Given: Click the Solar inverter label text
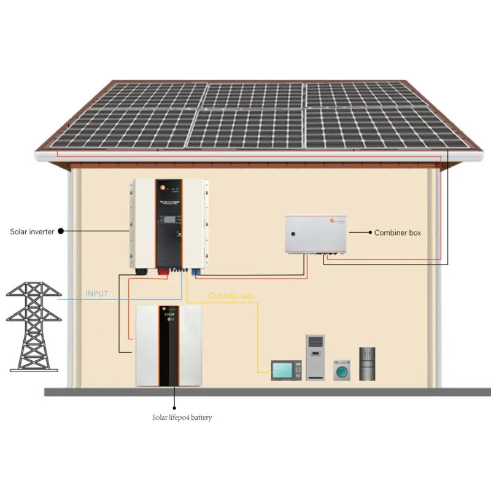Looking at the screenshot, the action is tap(32, 231).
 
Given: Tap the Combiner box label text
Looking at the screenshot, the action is tap(398, 233).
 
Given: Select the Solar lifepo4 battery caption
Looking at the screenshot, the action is tap(182, 417).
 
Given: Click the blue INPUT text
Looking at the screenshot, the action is tap(97, 294).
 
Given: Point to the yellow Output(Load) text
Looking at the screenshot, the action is tap(231, 296).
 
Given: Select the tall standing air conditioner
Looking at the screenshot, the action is tap(315, 358).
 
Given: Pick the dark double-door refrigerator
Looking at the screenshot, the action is tap(367, 363).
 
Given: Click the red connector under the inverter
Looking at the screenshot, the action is tap(165, 269).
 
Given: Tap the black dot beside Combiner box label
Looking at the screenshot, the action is tap(369, 233).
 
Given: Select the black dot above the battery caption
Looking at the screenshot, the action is tap(174, 407).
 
